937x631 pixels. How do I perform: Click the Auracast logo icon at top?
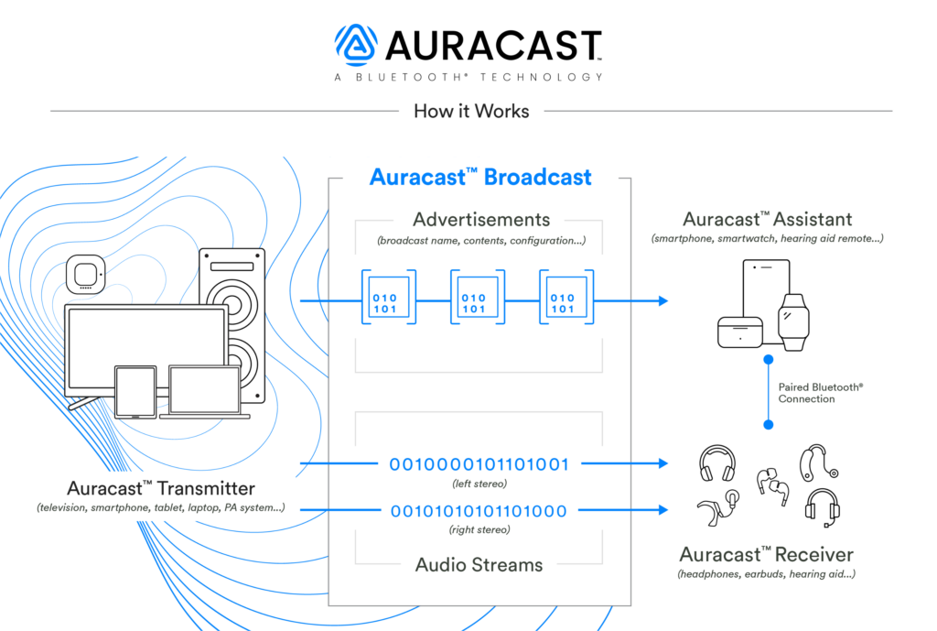pos(357,44)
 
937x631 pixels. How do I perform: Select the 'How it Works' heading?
pos(471,112)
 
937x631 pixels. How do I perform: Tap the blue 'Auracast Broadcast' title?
pos(480,177)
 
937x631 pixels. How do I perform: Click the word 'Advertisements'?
pos(481,220)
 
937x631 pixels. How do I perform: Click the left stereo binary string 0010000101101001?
pos(479,464)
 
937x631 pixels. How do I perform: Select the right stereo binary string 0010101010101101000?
pos(479,511)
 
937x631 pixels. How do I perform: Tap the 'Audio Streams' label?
pos(479,564)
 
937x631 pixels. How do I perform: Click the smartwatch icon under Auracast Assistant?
pos(793,321)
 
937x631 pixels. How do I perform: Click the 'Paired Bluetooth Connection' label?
pos(819,393)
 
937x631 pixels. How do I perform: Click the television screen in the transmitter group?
pos(146,348)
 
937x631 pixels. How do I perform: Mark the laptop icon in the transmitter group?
pos(204,392)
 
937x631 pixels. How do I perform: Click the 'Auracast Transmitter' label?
pos(161,488)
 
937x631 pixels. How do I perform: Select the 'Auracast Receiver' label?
pos(766,555)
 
